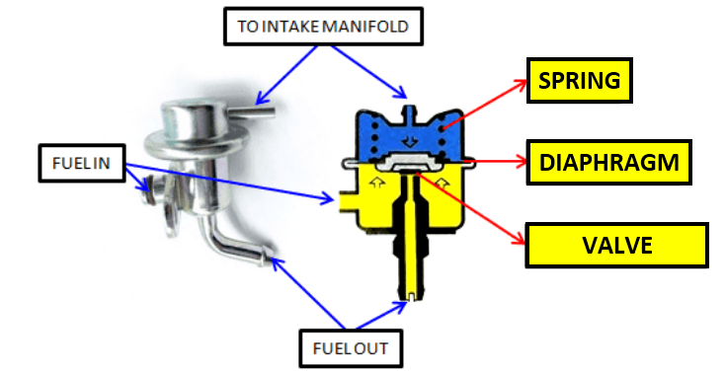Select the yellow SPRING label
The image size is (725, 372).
coord(579,81)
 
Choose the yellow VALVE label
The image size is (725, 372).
coord(617,245)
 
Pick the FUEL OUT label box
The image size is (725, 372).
coord(344,347)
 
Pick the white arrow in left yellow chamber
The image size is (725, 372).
coord(376,183)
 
